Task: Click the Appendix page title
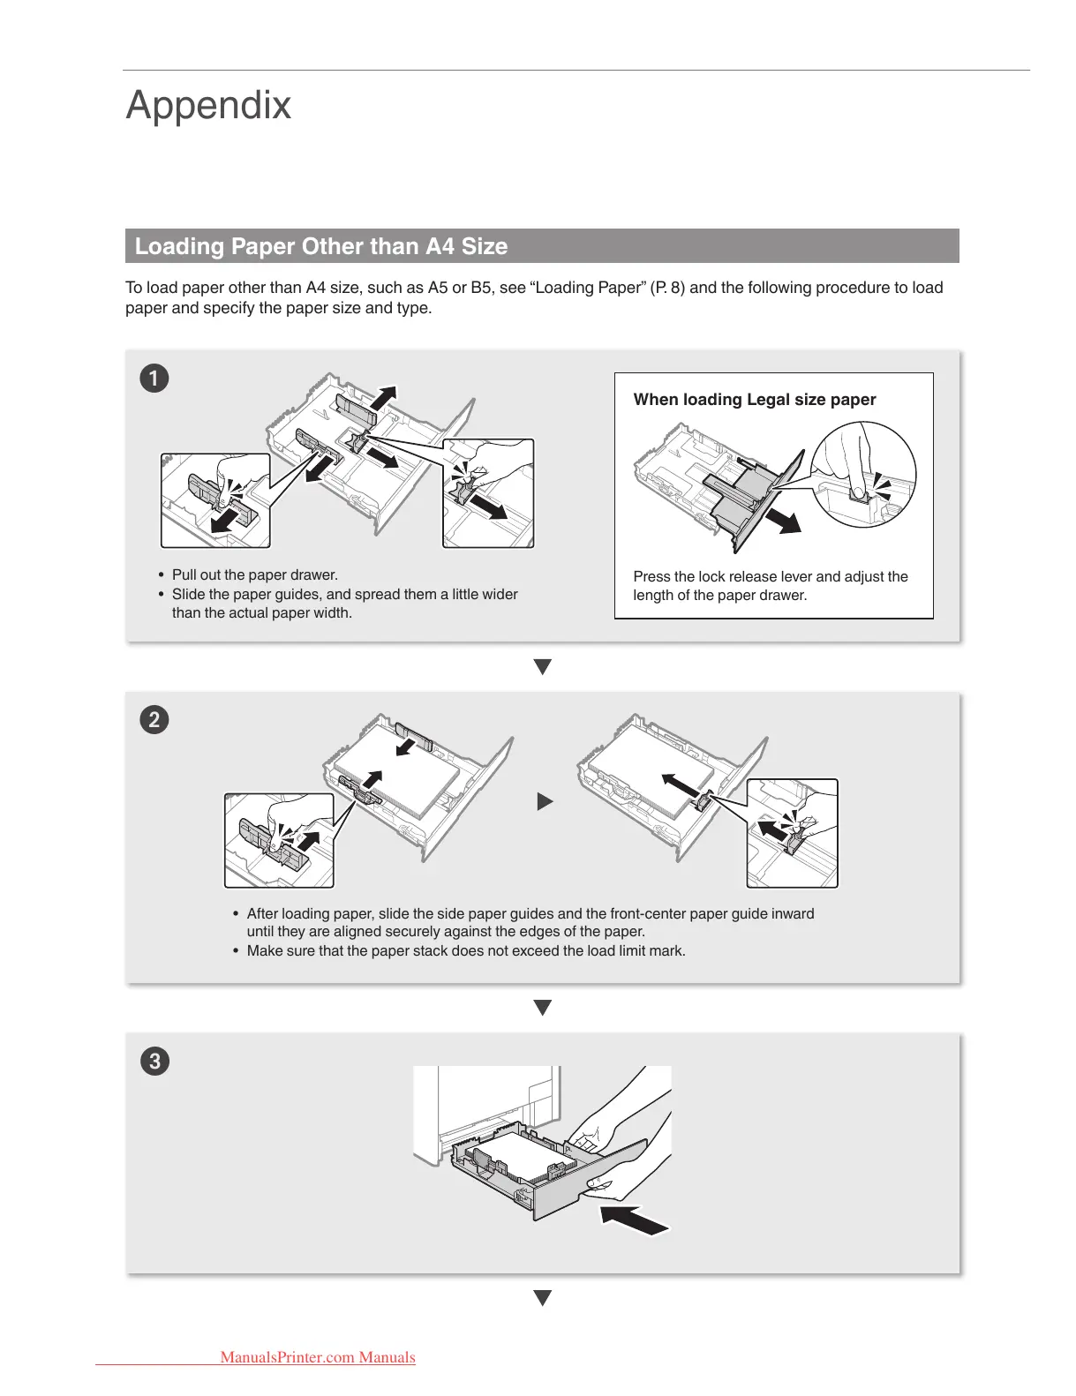pyautogui.click(x=208, y=105)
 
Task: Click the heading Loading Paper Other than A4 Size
pyautogui.click(x=320, y=246)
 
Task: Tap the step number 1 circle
pyautogui.click(x=154, y=379)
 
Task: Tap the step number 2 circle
pyautogui.click(x=154, y=719)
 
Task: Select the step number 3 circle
pyautogui.click(x=154, y=1060)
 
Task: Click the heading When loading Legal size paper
pyautogui.click(x=754, y=400)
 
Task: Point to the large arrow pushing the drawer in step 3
pyautogui.click(x=634, y=1220)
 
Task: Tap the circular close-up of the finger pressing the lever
pyautogui.click(x=864, y=475)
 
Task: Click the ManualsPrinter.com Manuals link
pyautogui.click(x=317, y=1357)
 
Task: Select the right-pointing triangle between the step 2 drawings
pyautogui.click(x=545, y=801)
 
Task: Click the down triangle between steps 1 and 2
pyautogui.click(x=543, y=667)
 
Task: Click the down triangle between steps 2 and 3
pyautogui.click(x=543, y=1007)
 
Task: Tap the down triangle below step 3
pyautogui.click(x=543, y=1297)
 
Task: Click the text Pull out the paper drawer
pyautogui.click(x=254, y=575)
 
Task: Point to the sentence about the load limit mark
pyautogui.click(x=465, y=951)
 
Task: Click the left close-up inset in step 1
pyautogui.click(x=215, y=500)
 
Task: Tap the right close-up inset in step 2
pyautogui.click(x=792, y=833)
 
